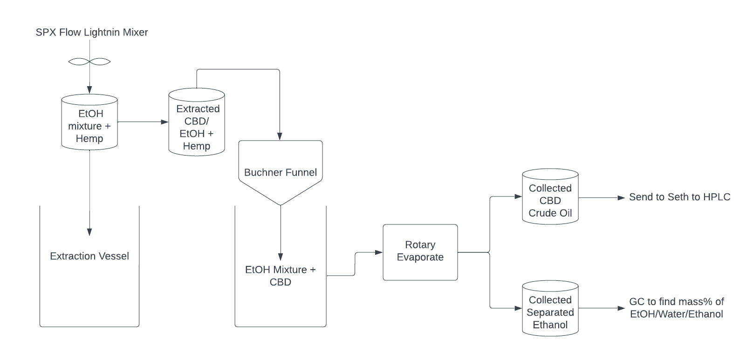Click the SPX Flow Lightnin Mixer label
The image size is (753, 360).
pos(92,33)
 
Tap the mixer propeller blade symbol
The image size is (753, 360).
pos(89,61)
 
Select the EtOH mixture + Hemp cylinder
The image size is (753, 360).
pos(89,123)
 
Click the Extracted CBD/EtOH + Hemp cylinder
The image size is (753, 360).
pos(197,123)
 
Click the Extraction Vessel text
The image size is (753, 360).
pos(89,256)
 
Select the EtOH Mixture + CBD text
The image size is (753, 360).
pos(281,276)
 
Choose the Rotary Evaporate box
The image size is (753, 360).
pos(420,252)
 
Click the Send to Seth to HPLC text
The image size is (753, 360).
pos(680,197)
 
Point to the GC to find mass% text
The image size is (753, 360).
pos(677,308)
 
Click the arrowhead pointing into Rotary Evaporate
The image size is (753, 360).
pos(379,252)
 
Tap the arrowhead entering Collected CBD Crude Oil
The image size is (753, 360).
pos(519,197)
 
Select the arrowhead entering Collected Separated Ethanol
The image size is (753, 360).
pos(519,308)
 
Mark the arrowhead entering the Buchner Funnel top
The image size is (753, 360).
pos(280,137)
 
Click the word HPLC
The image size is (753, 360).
pos(718,197)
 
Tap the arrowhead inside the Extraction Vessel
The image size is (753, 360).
pos(89,232)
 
